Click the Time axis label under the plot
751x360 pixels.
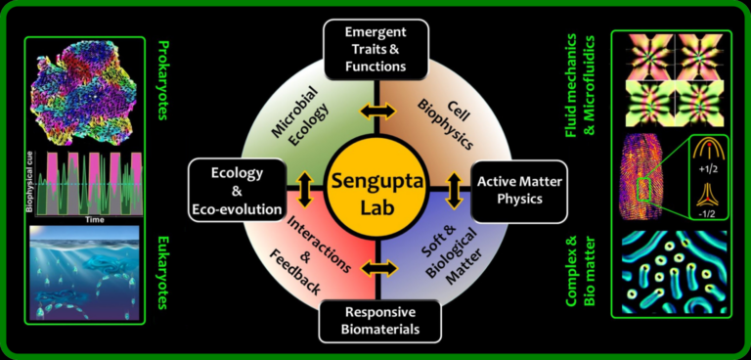tap(94, 219)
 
